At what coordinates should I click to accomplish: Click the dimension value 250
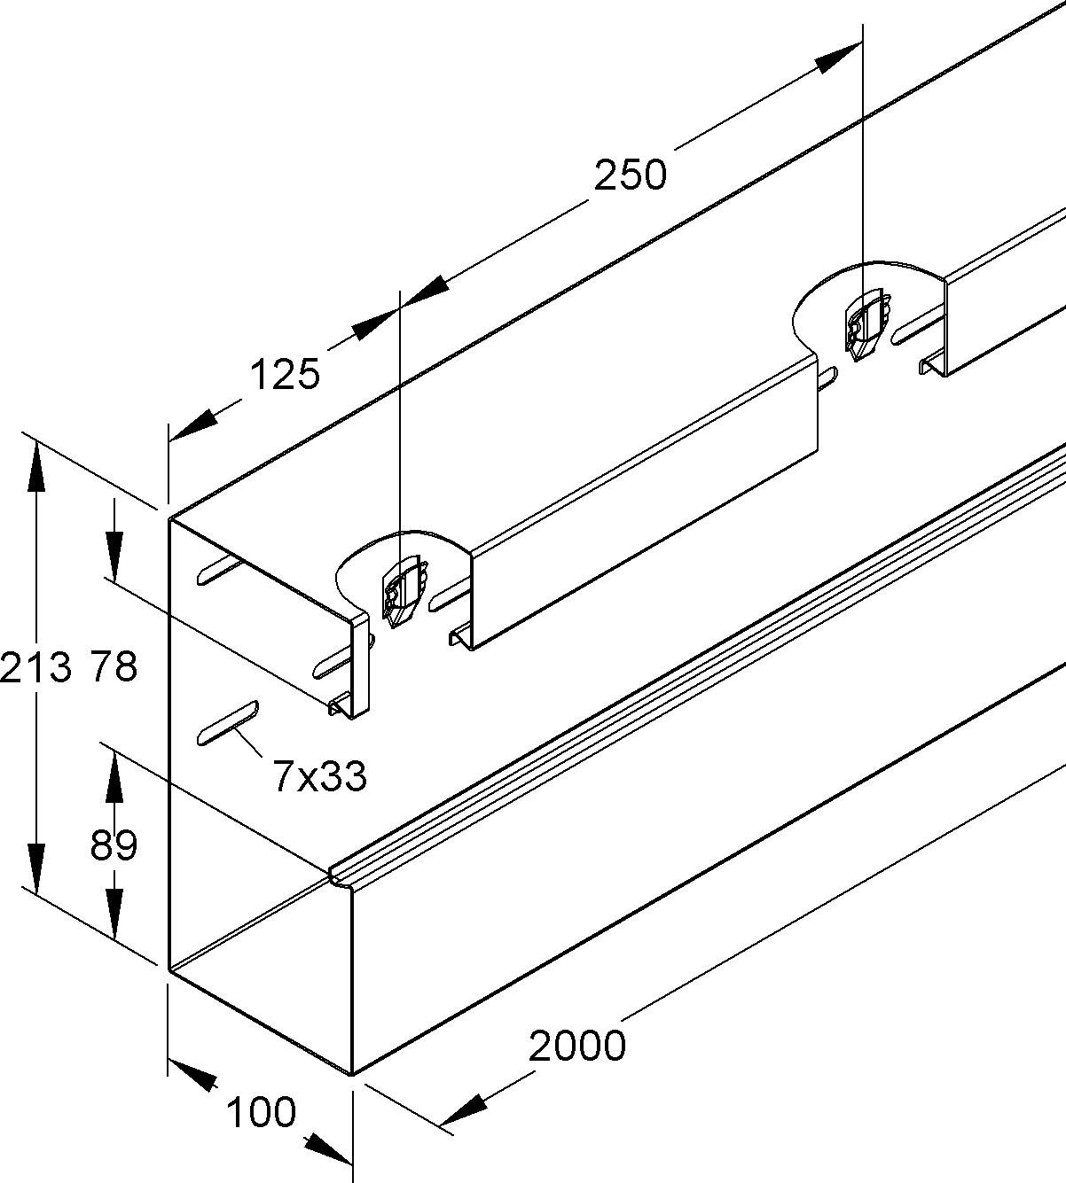pyautogui.click(x=630, y=175)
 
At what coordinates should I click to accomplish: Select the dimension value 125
pyautogui.click(x=284, y=375)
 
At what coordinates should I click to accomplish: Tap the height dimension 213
pyautogui.click(x=35, y=666)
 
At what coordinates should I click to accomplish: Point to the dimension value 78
pyautogui.click(x=114, y=666)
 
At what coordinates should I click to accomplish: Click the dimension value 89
pyautogui.click(x=114, y=845)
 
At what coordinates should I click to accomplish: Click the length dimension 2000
pyautogui.click(x=577, y=1046)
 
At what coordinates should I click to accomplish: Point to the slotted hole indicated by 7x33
pyautogui.click(x=226, y=721)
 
